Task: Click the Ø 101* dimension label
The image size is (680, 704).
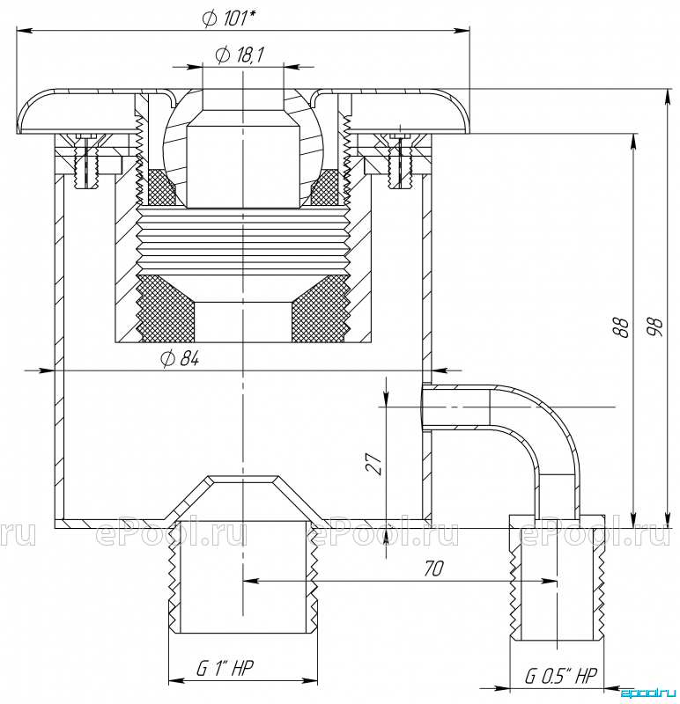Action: point(229,18)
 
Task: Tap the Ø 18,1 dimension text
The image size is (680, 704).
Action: point(240,55)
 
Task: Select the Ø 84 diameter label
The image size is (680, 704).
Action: point(180,359)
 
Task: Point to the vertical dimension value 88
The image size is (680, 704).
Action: point(621,326)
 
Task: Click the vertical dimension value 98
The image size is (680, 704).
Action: point(654,326)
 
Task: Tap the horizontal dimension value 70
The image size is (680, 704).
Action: point(433,568)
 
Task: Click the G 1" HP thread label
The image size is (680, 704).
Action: point(225,669)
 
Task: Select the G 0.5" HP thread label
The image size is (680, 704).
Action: point(561,676)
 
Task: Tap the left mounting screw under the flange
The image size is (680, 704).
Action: point(85,161)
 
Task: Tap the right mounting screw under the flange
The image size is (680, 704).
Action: point(400,161)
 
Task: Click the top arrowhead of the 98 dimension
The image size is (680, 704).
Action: point(669,98)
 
